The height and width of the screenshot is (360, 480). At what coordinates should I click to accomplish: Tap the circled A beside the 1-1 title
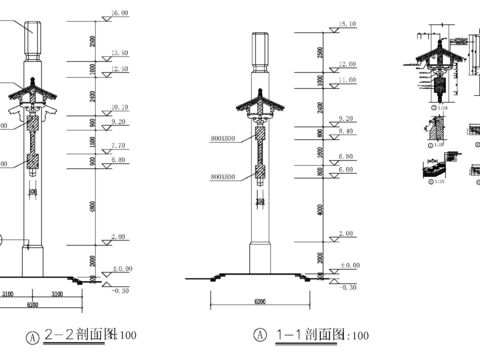260,336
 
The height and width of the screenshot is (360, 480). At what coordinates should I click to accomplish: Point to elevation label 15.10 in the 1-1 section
348,22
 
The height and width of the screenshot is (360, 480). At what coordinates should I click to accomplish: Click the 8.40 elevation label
348,129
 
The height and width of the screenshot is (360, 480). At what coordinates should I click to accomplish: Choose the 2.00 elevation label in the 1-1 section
348,233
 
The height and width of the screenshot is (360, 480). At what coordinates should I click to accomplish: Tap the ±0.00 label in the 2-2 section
122,268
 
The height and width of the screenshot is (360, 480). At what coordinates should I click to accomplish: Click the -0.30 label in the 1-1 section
348,287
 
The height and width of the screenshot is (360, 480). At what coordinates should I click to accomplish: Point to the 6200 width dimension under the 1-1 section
264,299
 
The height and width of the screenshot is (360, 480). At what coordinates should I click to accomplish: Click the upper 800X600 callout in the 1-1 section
222,141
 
